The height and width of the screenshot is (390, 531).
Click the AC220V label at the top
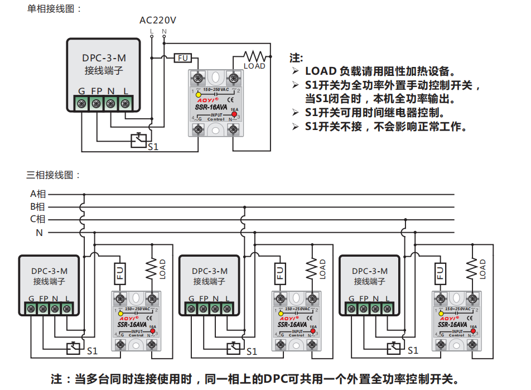[158, 20]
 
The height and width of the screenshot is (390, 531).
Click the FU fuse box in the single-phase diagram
[183, 57]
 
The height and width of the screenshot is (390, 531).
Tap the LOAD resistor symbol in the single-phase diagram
[254, 56]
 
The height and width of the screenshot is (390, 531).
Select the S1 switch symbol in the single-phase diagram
[138, 139]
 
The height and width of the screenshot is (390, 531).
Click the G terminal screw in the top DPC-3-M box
[81, 103]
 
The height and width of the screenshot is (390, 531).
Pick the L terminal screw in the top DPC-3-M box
[125, 103]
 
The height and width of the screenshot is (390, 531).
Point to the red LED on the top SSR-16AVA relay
[234, 115]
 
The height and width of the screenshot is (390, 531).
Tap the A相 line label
[38, 194]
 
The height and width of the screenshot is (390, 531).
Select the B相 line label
[38, 206]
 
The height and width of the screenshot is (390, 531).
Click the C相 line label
[38, 219]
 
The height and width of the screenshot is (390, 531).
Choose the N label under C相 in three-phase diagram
[39, 233]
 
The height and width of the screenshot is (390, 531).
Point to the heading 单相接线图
[54, 8]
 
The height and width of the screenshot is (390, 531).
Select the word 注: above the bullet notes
[297, 58]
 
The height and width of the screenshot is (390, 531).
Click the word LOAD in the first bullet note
[321, 71]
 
